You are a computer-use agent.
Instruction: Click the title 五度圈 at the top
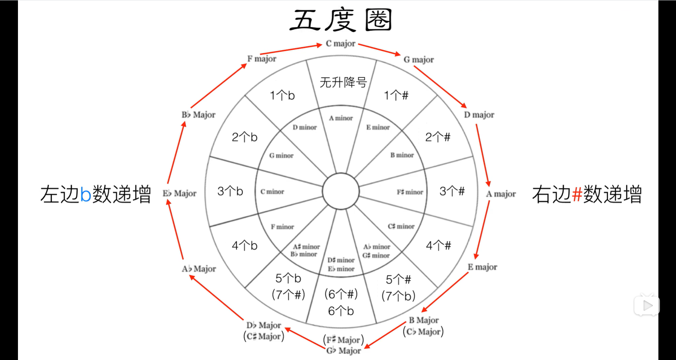340,20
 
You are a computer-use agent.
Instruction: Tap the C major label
340,44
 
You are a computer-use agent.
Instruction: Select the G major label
418,60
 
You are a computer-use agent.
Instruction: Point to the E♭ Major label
179,193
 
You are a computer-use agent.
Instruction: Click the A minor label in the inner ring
341,118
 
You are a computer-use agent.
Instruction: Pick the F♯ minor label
410,192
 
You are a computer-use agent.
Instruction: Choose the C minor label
272,192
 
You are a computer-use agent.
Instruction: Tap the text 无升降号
343,82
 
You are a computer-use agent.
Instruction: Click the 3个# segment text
452,191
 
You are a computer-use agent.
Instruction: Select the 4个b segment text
244,246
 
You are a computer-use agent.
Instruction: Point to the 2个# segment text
438,137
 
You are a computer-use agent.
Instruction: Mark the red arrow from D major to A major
482,155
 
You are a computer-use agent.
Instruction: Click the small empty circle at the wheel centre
340,191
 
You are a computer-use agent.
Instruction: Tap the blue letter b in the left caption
86,194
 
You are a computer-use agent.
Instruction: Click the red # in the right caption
577,194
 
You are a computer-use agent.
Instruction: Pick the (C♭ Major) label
423,332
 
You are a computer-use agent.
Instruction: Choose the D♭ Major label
264,325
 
